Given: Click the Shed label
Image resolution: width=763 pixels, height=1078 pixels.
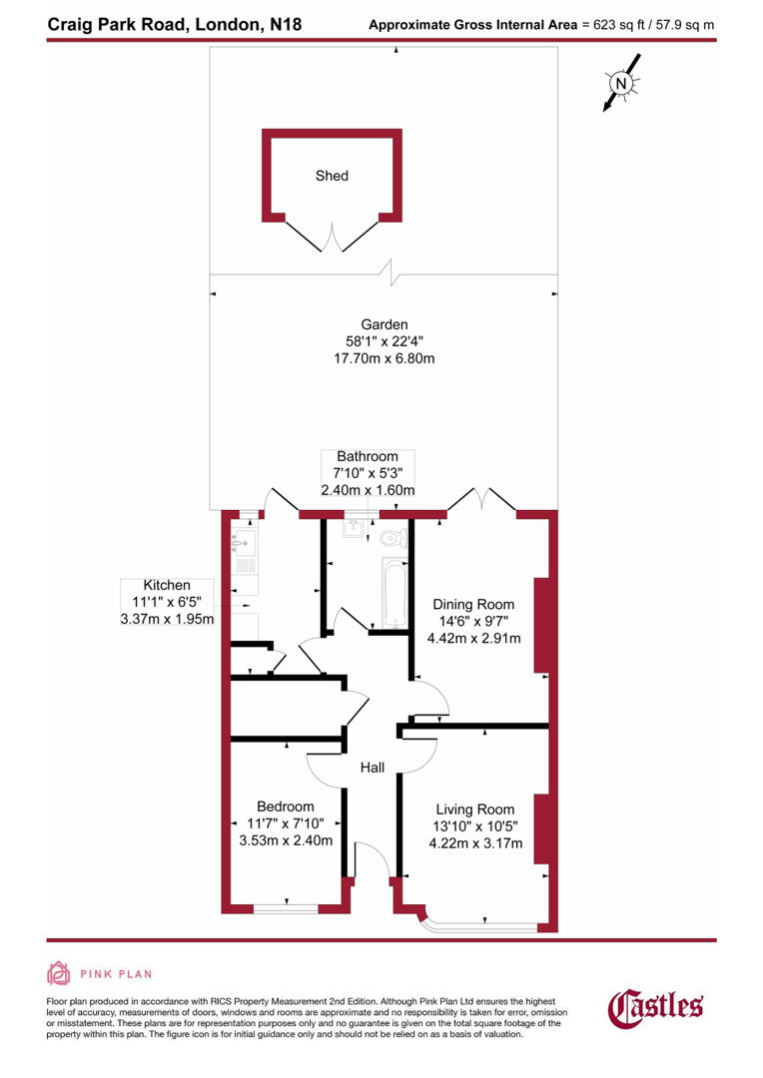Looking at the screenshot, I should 332,176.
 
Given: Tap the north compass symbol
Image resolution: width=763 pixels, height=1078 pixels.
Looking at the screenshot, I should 620,84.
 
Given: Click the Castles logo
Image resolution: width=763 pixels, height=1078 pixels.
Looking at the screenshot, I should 656,1005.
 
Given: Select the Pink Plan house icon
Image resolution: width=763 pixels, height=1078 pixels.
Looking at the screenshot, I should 59,973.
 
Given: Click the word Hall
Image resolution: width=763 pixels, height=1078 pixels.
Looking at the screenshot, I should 374,767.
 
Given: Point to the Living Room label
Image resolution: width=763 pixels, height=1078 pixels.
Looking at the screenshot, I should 474,809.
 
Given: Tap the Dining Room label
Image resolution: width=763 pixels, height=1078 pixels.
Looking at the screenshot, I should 473,604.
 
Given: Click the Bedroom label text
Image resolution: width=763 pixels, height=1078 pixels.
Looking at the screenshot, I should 285,807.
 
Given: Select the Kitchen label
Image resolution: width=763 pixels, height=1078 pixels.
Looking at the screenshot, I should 166,585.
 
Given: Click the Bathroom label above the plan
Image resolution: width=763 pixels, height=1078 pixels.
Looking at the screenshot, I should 367,455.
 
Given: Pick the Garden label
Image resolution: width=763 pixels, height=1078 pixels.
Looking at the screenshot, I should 384,324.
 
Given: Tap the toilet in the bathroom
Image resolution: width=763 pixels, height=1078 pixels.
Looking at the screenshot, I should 393,539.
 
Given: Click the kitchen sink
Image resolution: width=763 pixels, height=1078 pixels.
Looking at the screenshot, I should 246,544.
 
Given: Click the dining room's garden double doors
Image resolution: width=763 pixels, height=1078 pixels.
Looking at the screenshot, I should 481,499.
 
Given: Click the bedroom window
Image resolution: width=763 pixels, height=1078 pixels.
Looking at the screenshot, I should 286,907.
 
